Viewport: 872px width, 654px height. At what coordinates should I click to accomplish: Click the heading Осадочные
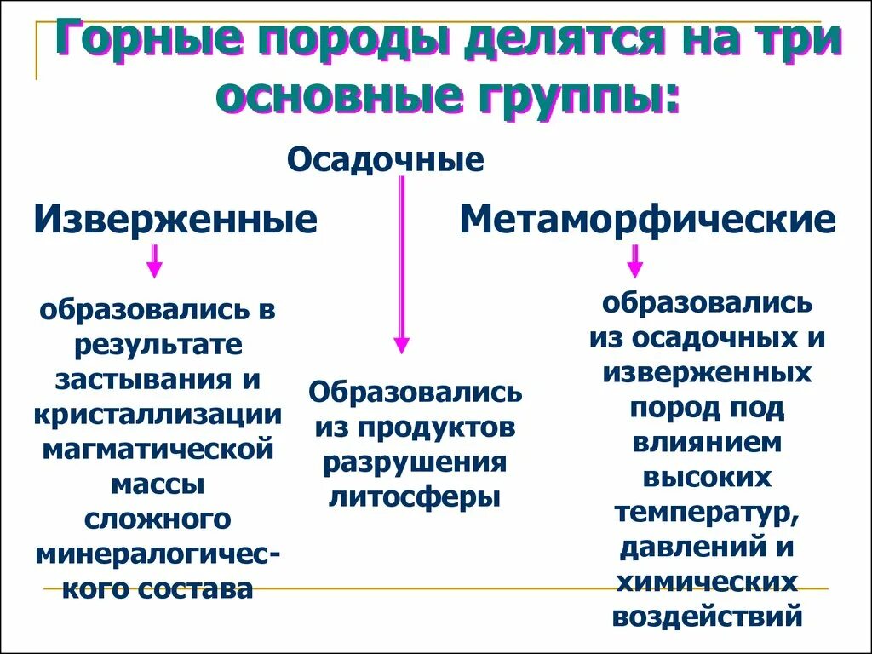click(386, 160)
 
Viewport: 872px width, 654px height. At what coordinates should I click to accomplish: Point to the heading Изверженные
click(175, 220)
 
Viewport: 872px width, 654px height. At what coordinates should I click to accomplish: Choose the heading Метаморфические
click(647, 220)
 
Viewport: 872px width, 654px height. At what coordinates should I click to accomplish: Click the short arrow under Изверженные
click(154, 261)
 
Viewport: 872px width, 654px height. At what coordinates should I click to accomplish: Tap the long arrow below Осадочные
click(401, 264)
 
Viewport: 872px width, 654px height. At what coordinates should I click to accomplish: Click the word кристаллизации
click(158, 415)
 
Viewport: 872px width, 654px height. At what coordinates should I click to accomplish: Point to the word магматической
click(158, 450)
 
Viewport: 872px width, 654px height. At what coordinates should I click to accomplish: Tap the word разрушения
click(415, 462)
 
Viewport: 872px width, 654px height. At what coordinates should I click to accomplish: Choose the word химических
click(707, 582)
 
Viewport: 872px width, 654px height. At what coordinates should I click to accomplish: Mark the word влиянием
click(707, 443)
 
